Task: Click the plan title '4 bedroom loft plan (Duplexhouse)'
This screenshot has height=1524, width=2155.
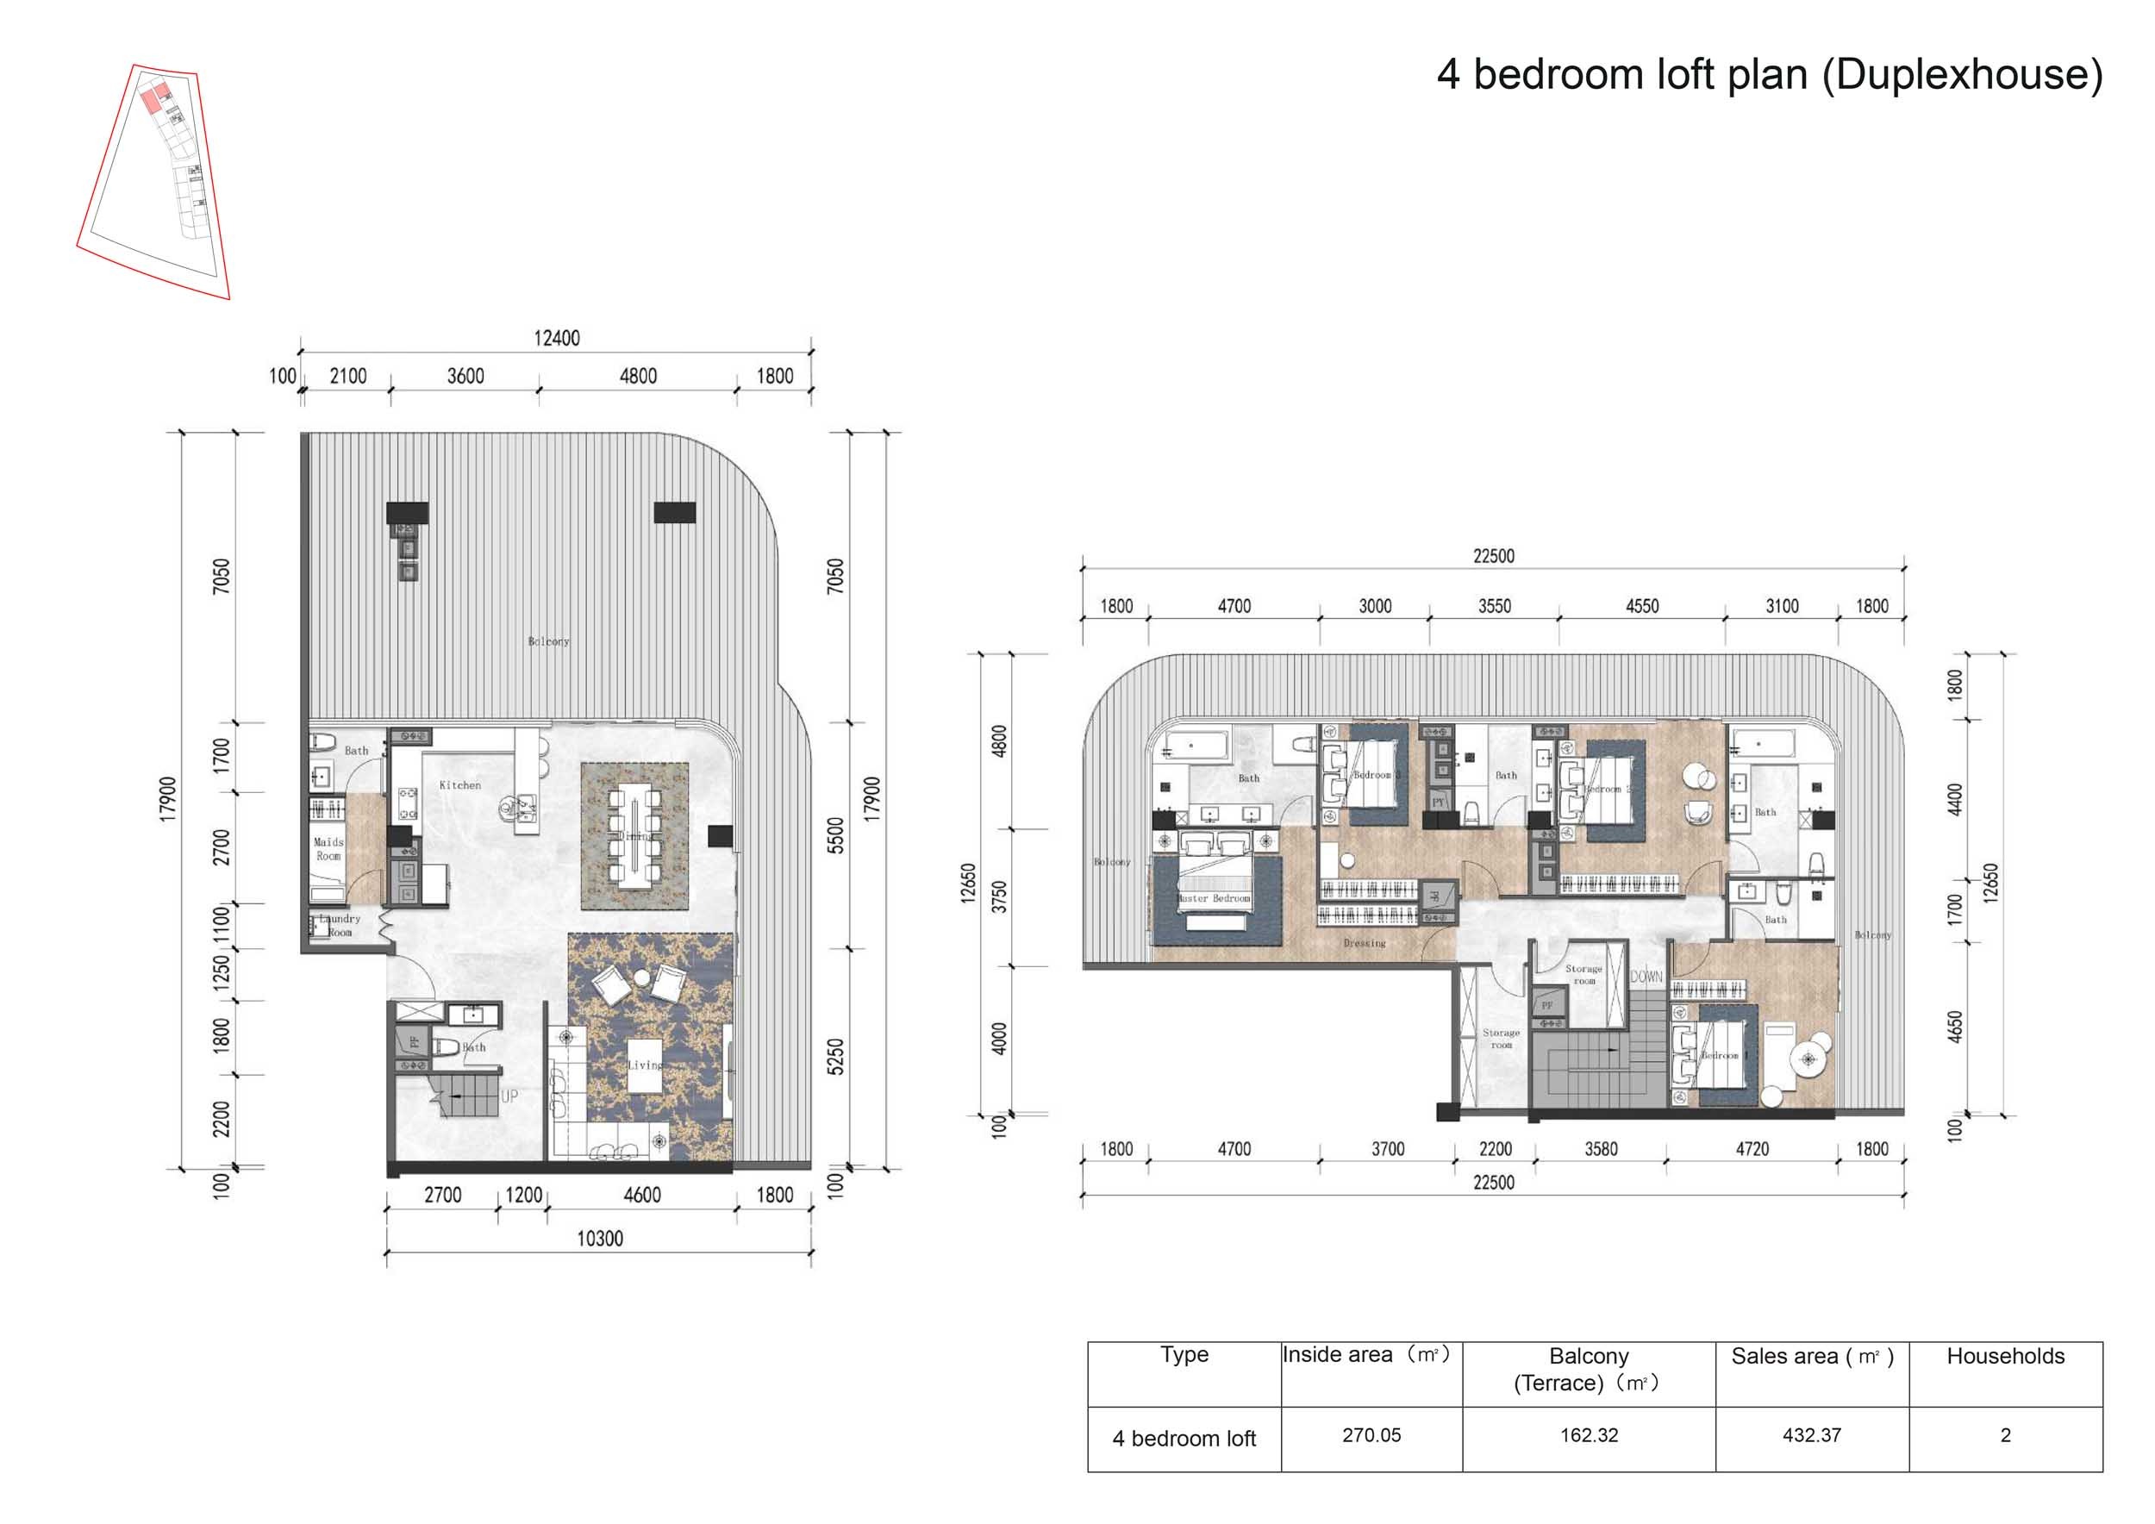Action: click(1769, 74)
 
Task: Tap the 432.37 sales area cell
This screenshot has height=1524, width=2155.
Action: click(1811, 1435)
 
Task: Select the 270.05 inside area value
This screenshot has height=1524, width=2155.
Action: click(1371, 1435)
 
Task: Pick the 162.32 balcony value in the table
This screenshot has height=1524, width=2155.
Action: click(1589, 1435)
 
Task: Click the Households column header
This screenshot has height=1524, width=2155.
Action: click(2005, 1356)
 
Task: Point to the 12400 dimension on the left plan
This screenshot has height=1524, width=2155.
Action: click(557, 338)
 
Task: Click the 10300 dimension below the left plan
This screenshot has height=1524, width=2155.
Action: click(599, 1239)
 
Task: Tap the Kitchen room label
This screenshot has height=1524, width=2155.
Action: click(460, 784)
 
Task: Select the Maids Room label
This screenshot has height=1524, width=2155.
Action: click(328, 848)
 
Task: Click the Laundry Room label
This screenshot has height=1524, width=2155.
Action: click(339, 925)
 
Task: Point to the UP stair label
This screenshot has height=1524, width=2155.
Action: click(509, 1096)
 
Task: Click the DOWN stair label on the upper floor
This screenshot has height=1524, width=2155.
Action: click(1646, 977)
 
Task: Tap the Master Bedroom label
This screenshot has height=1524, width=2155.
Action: click(1215, 898)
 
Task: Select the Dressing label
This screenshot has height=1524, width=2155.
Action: click(1364, 942)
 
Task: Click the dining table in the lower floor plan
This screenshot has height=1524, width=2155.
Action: click(634, 835)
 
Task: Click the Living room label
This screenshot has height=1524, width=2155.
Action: click(645, 1065)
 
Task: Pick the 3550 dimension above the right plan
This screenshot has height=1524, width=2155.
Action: click(1494, 606)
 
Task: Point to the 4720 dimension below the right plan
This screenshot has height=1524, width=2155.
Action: click(1752, 1149)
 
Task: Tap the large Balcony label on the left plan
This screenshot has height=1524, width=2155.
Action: click(548, 641)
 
